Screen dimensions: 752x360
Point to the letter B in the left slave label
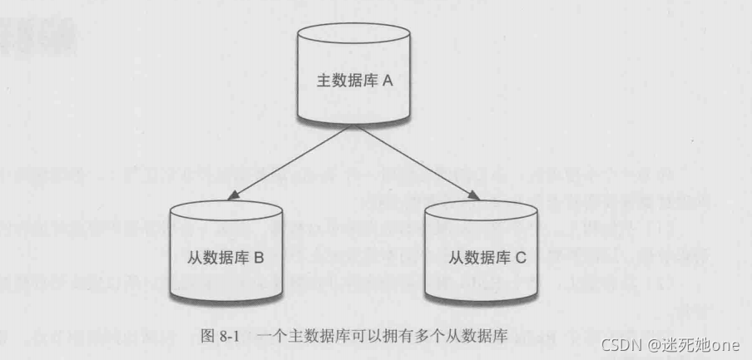tap(259, 259)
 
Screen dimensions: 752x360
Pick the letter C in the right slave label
tap(521, 259)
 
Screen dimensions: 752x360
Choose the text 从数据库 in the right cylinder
tap(476, 259)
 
